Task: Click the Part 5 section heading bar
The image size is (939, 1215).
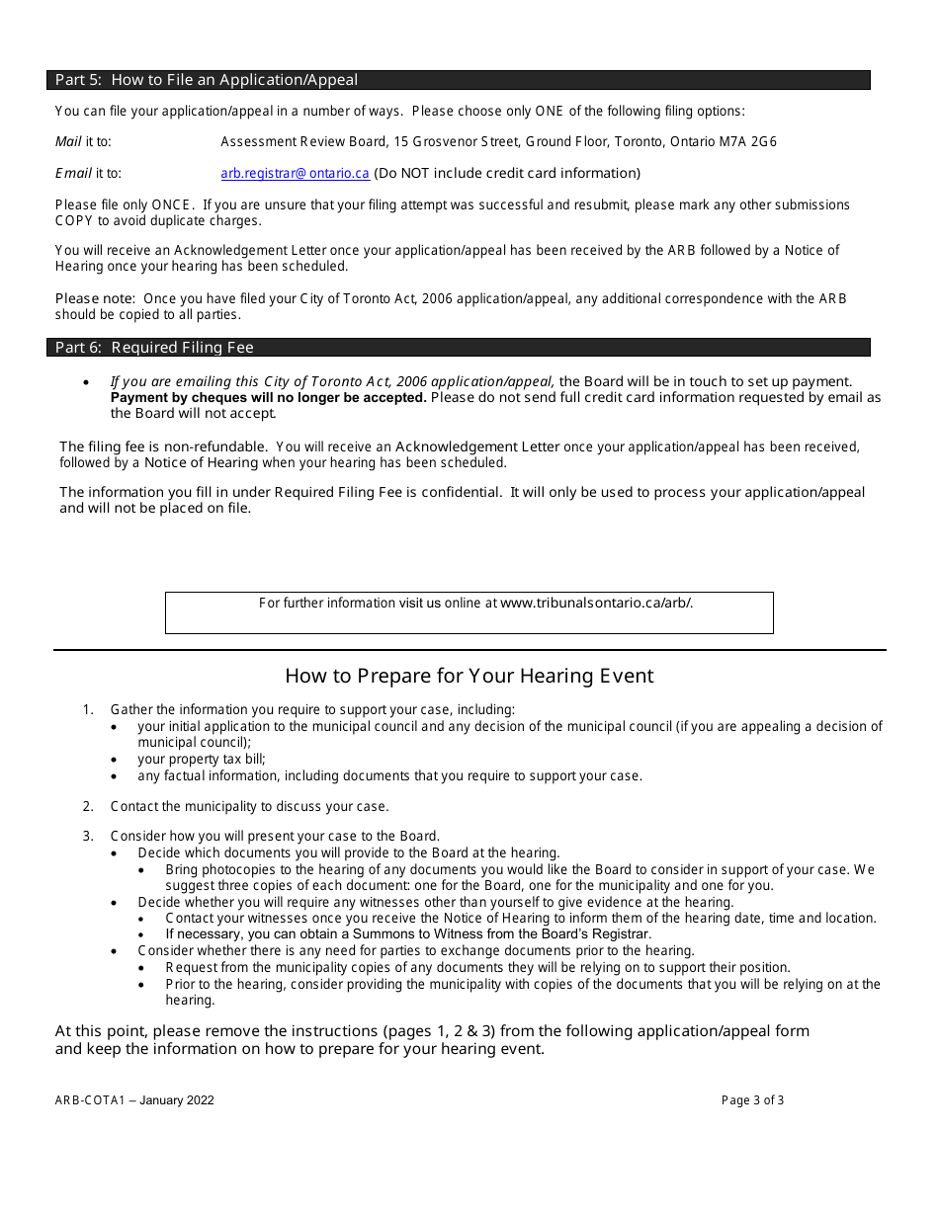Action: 459,80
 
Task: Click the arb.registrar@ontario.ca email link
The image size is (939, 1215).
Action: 295,174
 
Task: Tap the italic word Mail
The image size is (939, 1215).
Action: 68,142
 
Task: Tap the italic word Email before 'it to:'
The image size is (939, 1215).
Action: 73,174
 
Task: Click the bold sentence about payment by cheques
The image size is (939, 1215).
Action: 268,398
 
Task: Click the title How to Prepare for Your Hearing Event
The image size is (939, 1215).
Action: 469,677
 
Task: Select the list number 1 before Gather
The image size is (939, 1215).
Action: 88,710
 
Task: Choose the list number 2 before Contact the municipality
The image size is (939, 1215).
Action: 88,807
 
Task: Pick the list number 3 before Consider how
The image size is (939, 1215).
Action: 88,837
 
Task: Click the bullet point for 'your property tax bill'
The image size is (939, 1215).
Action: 116,760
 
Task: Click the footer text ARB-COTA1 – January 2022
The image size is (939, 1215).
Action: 134,1100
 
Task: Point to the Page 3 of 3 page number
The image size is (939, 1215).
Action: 752,1100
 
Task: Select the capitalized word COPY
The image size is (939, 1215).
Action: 74,221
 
